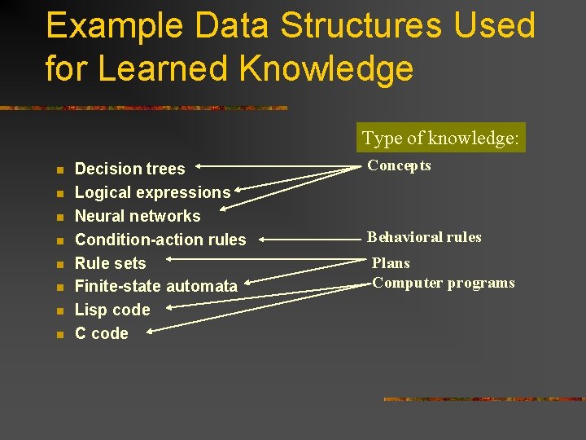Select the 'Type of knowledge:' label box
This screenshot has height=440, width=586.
tap(440, 138)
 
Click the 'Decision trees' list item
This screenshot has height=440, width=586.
tap(129, 169)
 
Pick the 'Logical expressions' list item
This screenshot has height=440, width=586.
tap(152, 192)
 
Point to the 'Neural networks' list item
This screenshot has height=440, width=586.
tap(138, 216)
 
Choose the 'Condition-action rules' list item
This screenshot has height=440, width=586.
tap(160, 240)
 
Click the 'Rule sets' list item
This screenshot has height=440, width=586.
tap(110, 263)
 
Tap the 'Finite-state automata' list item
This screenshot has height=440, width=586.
tap(155, 286)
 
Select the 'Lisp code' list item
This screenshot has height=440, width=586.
tap(112, 310)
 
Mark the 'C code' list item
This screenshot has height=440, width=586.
tap(101, 333)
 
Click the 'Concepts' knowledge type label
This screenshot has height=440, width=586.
tap(399, 165)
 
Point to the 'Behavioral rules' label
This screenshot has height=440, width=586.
tap(424, 237)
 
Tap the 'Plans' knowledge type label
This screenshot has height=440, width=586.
tap(391, 263)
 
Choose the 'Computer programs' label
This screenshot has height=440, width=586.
tap(443, 283)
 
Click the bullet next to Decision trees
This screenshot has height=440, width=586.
tap(59, 169)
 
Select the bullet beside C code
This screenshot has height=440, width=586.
tap(59, 334)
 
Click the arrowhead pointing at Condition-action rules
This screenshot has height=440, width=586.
tap(265, 240)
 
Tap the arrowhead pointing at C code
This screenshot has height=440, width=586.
tap(152, 331)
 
